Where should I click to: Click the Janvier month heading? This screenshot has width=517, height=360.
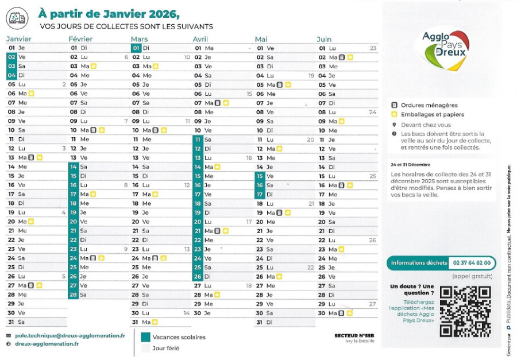(x=18, y=39)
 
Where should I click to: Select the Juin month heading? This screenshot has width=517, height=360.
(x=324, y=39)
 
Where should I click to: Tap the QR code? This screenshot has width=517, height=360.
(x=465, y=311)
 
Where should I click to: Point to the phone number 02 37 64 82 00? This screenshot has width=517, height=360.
(x=472, y=263)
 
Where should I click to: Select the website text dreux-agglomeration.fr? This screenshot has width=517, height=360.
(x=46, y=343)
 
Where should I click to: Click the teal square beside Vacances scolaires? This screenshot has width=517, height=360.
(x=145, y=337)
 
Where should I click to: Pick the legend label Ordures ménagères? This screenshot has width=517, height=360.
(x=429, y=105)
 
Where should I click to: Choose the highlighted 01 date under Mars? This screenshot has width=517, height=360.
(x=136, y=48)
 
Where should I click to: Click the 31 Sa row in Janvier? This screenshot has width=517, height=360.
(x=17, y=322)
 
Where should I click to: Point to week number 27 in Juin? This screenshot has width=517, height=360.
(x=372, y=304)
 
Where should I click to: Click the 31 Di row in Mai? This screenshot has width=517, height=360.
(x=265, y=322)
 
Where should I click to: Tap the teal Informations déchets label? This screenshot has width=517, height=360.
(x=419, y=263)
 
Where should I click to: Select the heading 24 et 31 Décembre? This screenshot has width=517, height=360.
(x=410, y=164)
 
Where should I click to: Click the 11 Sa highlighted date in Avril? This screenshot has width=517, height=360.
(x=198, y=140)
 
